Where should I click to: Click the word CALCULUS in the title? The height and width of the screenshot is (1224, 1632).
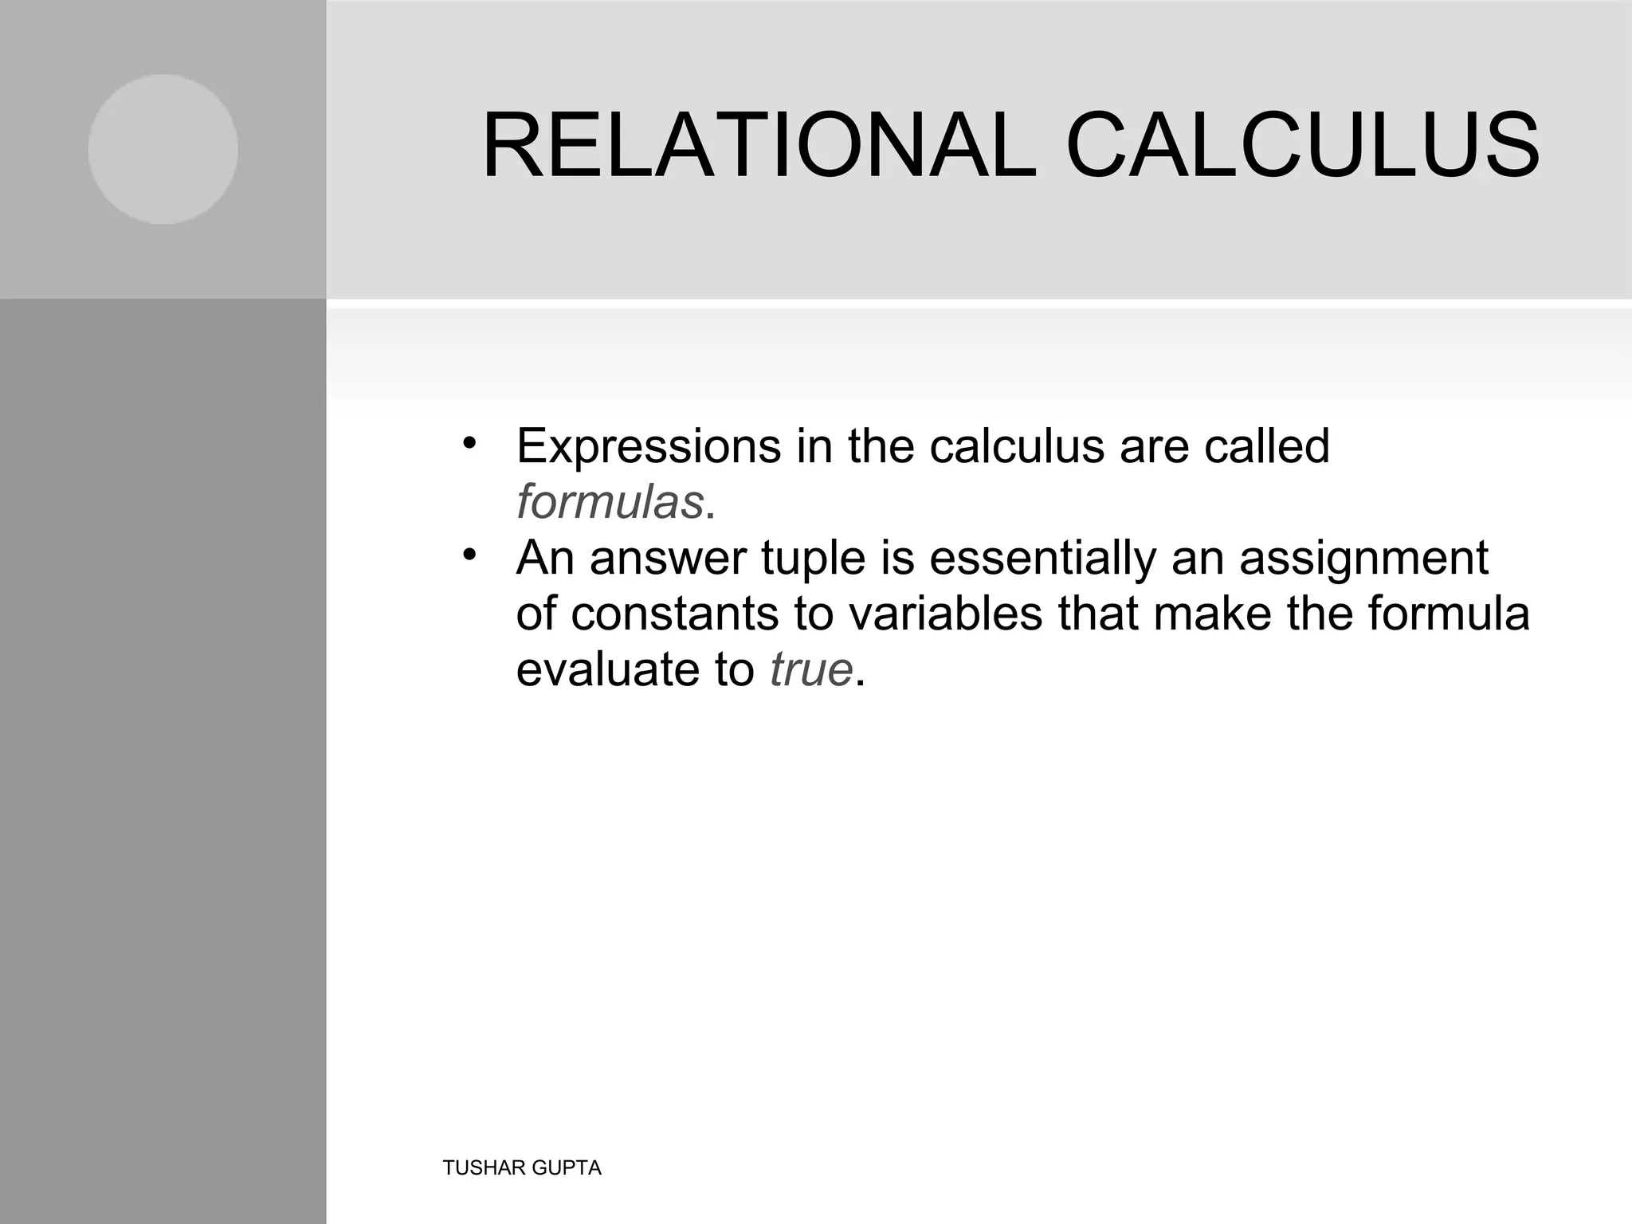pyautogui.click(x=1302, y=146)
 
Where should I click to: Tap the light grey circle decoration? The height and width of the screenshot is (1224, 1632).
pyautogui.click(x=163, y=149)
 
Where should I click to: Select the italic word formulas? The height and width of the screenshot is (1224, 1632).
pyautogui.click(x=610, y=502)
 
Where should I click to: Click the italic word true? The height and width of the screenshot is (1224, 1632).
pyautogui.click(x=811, y=669)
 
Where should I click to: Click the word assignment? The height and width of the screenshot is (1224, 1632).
pyautogui.click(x=1363, y=558)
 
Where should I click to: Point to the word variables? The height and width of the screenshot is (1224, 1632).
pyautogui.click(x=944, y=614)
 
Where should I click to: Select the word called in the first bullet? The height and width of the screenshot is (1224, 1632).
pyautogui.click(x=1267, y=446)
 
